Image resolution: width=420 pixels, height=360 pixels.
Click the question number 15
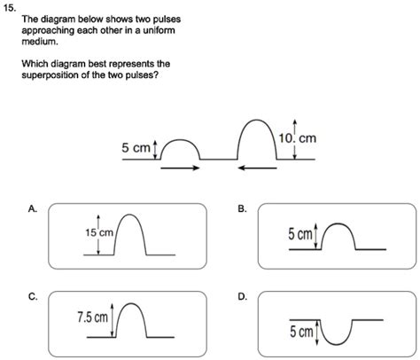(x=9, y=8)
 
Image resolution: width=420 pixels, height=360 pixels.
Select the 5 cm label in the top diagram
(x=136, y=147)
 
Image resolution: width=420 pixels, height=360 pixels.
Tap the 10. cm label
(x=298, y=138)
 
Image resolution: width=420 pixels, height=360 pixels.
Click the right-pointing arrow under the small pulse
(x=180, y=168)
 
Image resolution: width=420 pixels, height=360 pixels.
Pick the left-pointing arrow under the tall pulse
(x=257, y=168)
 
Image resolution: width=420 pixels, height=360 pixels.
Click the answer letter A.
(x=32, y=209)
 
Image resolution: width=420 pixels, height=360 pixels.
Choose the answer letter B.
(x=242, y=209)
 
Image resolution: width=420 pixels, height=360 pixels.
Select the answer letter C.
(x=33, y=296)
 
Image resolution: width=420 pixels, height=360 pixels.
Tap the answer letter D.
(x=242, y=296)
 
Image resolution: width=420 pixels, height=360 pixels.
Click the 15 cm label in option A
(x=99, y=233)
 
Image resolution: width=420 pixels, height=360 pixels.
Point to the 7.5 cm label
(x=92, y=317)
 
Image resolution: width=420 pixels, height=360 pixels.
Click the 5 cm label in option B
(x=300, y=234)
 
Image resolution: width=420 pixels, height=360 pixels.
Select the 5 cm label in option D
(x=301, y=332)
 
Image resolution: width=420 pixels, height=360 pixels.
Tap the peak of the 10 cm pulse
(x=257, y=120)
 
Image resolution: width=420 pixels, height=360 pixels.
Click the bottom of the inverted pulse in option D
(x=336, y=344)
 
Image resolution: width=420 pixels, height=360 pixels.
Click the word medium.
(x=40, y=42)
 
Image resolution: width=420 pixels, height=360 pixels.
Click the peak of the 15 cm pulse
(x=129, y=215)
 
